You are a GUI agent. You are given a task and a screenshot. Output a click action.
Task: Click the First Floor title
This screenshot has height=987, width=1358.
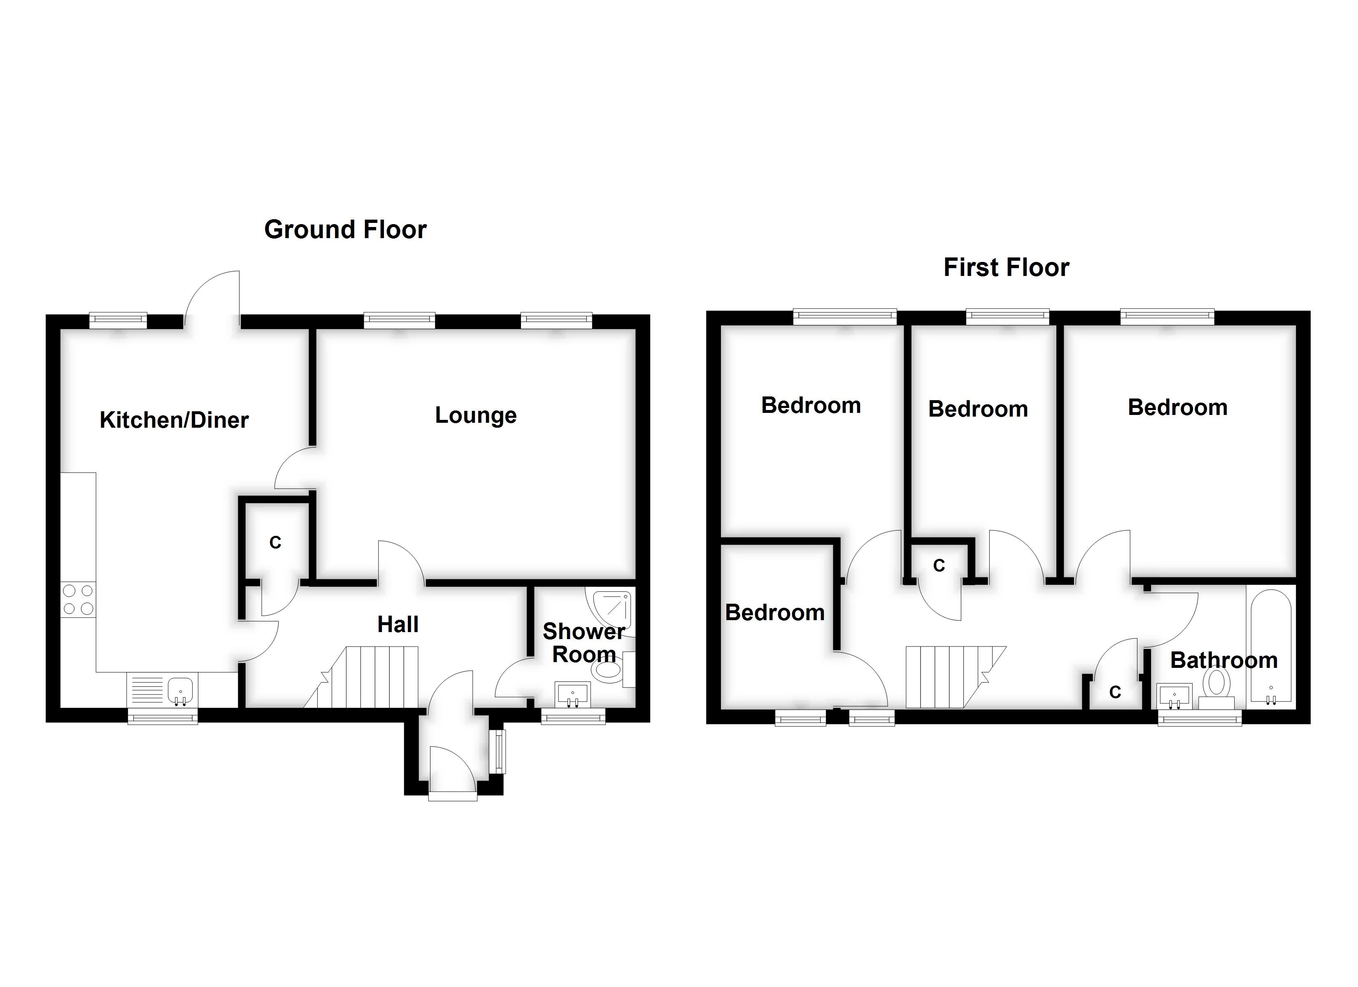pyautogui.click(x=1006, y=268)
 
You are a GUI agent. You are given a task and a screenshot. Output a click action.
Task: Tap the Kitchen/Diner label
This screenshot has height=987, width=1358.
pyautogui.click(x=174, y=420)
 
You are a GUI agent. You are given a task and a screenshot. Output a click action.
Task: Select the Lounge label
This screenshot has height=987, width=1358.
pyautogui.click(x=475, y=415)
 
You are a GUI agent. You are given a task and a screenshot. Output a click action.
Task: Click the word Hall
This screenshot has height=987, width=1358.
pyautogui.click(x=398, y=625)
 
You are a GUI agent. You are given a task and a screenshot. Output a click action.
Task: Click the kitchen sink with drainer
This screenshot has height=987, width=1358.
pyautogui.click(x=162, y=690)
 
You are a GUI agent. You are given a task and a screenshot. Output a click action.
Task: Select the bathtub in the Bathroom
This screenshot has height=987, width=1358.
pyautogui.click(x=1270, y=646)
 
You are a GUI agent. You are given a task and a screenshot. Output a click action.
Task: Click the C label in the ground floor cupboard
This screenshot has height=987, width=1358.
pyautogui.click(x=275, y=543)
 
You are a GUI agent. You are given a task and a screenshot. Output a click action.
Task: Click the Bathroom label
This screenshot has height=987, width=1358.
pyautogui.click(x=1224, y=660)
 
